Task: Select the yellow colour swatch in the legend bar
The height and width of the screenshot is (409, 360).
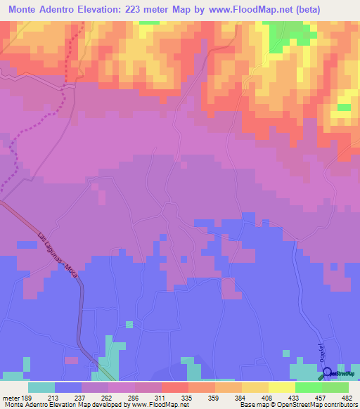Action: coord(282,387)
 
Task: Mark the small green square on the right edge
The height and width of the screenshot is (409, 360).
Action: coord(344,108)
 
